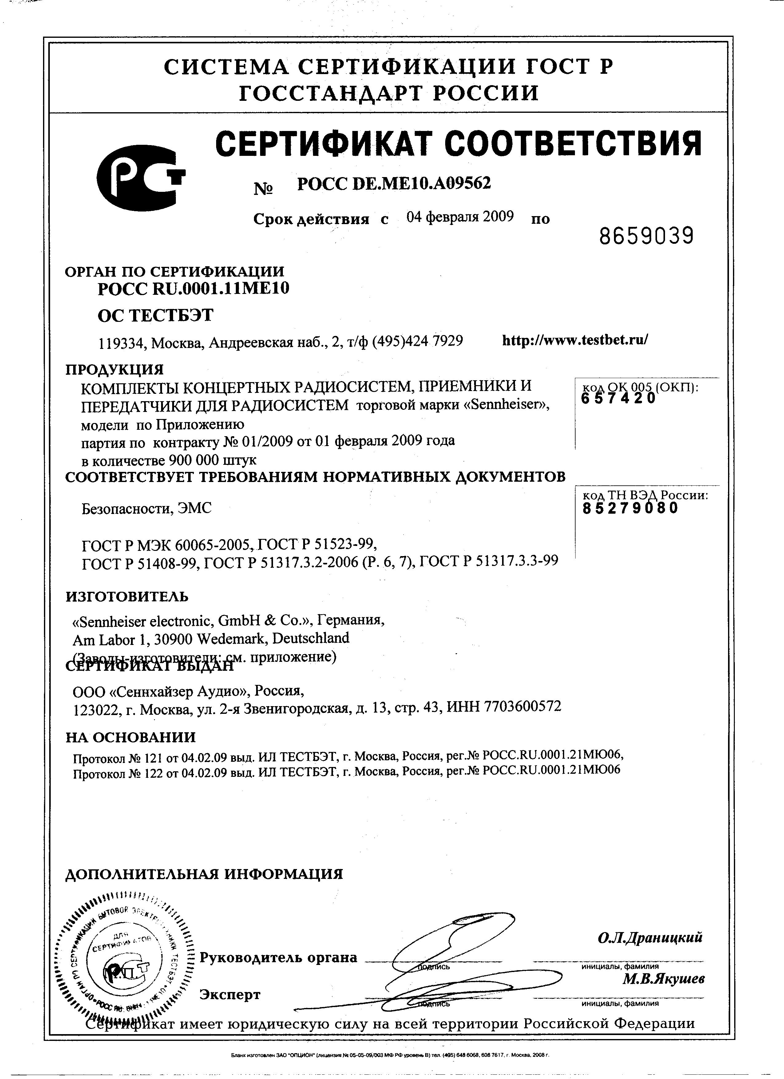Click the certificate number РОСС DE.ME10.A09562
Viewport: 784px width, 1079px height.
[x=394, y=184]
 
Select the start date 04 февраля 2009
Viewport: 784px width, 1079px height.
[x=460, y=217]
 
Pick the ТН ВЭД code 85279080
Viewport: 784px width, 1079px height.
[x=630, y=508]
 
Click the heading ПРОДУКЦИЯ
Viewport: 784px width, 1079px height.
[x=114, y=369]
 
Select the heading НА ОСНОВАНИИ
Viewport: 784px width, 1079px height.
[x=131, y=737]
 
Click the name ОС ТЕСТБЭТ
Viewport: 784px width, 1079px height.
[x=156, y=315]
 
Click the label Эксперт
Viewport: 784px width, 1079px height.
[x=230, y=994]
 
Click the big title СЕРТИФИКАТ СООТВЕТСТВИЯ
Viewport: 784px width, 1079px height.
[x=458, y=143]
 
